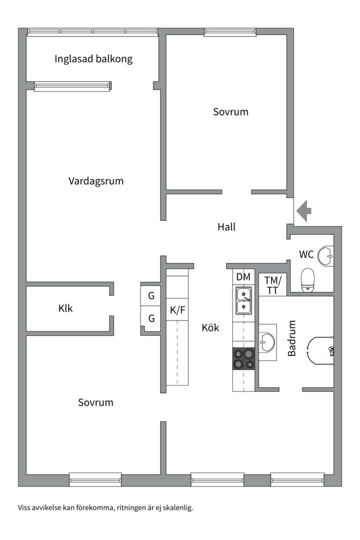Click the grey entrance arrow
pyautogui.click(x=304, y=210)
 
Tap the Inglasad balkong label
pyautogui.click(x=93, y=59)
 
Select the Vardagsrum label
pyautogui.click(x=96, y=181)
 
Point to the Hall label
pyautogui.click(x=226, y=227)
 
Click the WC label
pyautogui.click(x=306, y=254)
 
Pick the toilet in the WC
pyautogui.click(x=308, y=279)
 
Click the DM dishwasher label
pyautogui.click(x=243, y=277)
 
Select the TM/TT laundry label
pyautogui.click(x=273, y=284)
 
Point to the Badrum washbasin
pyautogui.click(x=267, y=342)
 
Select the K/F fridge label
pyautogui.click(x=177, y=310)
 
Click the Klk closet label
pyautogui.click(x=65, y=308)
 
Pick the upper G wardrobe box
pyautogui.click(x=151, y=296)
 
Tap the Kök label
pyautogui.click(x=210, y=328)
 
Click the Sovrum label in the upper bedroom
pyautogui.click(x=230, y=112)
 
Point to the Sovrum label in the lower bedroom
pyautogui.click(x=95, y=402)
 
